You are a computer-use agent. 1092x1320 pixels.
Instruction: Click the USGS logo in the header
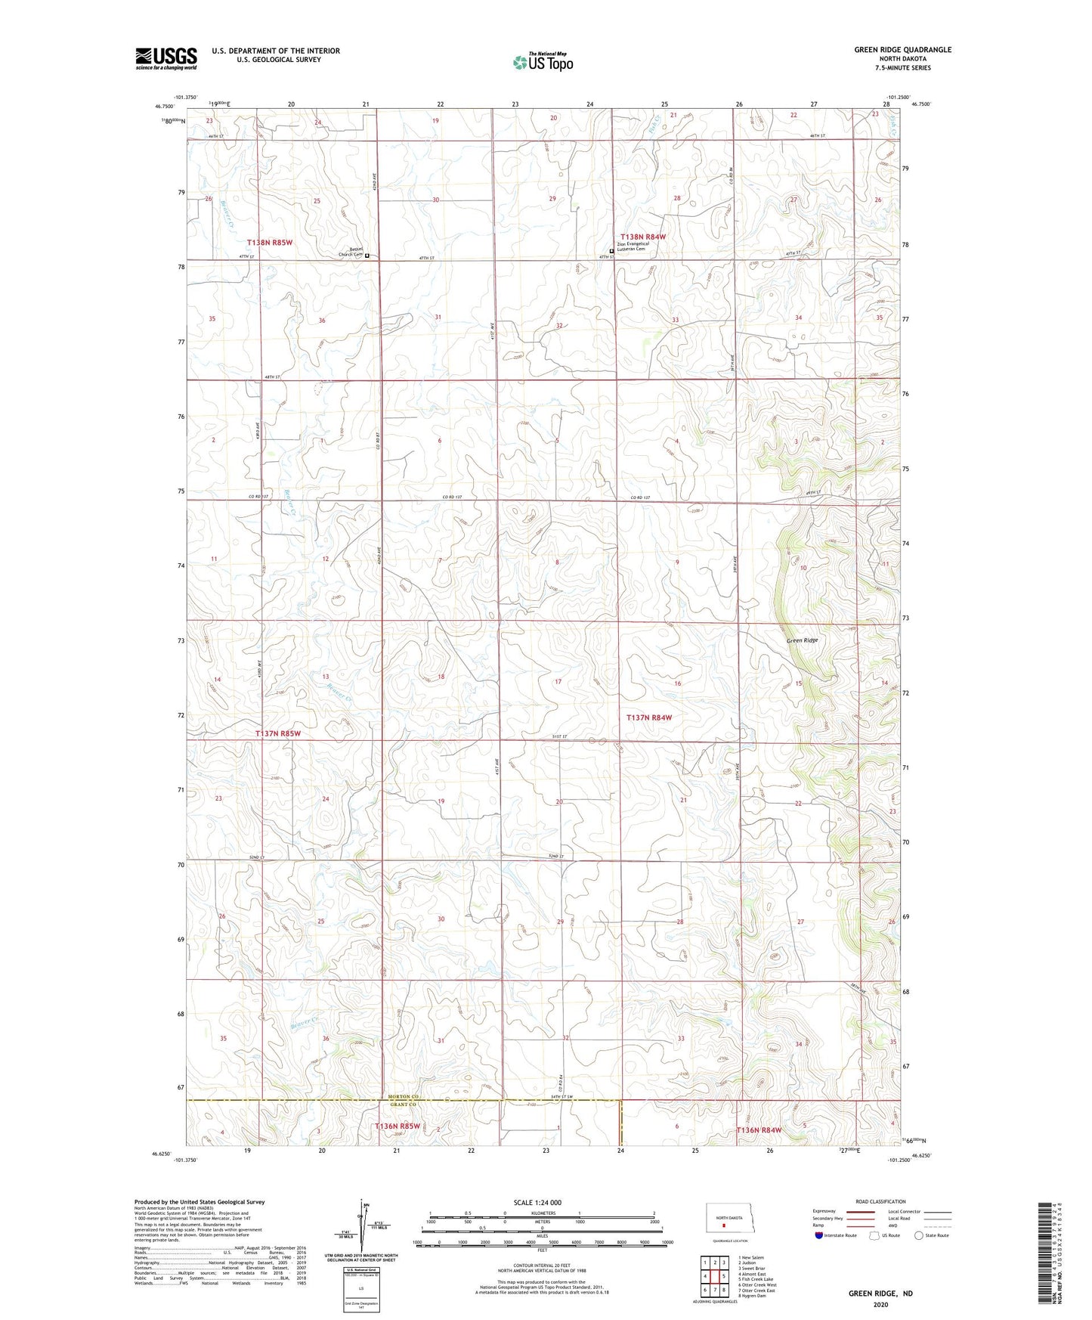pyautogui.click(x=166, y=58)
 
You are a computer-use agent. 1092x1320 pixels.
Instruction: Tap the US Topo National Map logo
pyautogui.click(x=543, y=62)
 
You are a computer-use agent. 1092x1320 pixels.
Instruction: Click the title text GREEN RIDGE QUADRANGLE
pyautogui.click(x=902, y=50)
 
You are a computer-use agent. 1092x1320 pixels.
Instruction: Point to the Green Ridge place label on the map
pyautogui.click(x=802, y=640)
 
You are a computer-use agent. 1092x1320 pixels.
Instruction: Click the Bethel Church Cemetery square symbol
pyautogui.click(x=367, y=256)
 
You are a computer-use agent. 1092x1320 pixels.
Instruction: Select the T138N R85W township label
pyautogui.click(x=269, y=242)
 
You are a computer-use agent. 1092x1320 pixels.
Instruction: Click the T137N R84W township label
pyautogui.click(x=648, y=717)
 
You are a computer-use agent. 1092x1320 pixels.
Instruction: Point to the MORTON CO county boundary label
pyautogui.click(x=403, y=1096)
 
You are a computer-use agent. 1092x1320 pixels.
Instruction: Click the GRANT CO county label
pyautogui.click(x=403, y=1105)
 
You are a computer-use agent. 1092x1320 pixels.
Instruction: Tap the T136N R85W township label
pyautogui.click(x=398, y=1126)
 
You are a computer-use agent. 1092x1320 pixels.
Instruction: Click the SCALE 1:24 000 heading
pyautogui.click(x=537, y=1203)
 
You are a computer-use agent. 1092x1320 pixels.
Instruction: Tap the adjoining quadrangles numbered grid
pyautogui.click(x=714, y=1276)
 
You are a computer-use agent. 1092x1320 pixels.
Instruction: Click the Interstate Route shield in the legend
pyautogui.click(x=819, y=1235)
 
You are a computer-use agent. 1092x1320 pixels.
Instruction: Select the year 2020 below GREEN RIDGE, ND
pyautogui.click(x=880, y=1305)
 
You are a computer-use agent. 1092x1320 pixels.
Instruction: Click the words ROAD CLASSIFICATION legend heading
pyautogui.click(x=880, y=1201)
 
